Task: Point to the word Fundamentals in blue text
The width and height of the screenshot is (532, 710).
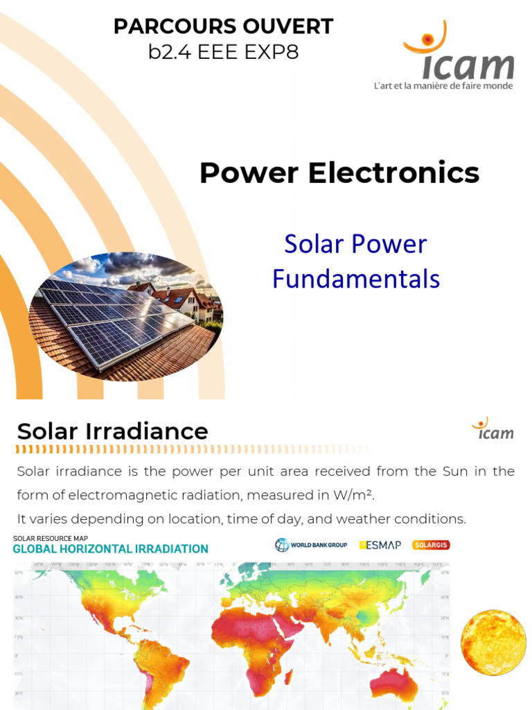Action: pyautogui.click(x=356, y=279)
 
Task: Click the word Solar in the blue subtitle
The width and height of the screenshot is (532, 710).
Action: pyautogui.click(x=316, y=244)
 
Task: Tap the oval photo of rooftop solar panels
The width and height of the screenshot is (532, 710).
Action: pyautogui.click(x=125, y=317)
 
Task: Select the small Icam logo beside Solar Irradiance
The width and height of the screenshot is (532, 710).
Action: pyautogui.click(x=493, y=429)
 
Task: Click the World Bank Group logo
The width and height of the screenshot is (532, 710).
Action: pyautogui.click(x=311, y=545)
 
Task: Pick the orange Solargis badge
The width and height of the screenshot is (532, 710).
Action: pyautogui.click(x=431, y=545)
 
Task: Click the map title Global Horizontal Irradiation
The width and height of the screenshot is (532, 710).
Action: pyautogui.click(x=111, y=549)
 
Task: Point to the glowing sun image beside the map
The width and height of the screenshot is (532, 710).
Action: pyautogui.click(x=493, y=642)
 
